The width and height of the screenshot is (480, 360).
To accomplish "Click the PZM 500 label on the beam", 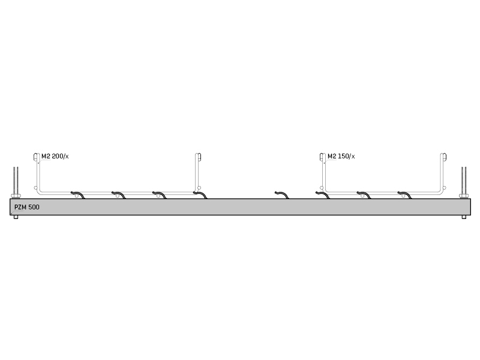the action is [27, 207].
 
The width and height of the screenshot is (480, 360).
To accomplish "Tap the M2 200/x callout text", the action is [55, 157].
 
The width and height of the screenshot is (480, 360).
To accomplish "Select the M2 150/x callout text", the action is [341, 157].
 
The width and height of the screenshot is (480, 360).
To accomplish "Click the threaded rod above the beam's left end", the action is [16, 181].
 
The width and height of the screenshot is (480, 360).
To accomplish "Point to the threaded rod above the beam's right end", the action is [464, 181].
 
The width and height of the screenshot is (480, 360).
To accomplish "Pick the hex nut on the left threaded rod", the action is [16, 196].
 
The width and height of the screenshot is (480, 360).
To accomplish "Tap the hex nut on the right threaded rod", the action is [464, 196].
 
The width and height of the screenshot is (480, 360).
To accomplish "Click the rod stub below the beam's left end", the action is [16, 217].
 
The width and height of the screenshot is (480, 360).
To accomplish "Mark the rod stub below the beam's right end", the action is [464, 217].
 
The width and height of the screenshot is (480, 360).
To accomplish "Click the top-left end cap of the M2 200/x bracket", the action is [36, 157].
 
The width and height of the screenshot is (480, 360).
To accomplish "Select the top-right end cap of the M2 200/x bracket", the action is [199, 157].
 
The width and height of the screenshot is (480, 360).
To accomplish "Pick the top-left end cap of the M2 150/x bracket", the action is [322, 157].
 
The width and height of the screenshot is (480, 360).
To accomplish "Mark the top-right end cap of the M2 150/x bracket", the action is [445, 157].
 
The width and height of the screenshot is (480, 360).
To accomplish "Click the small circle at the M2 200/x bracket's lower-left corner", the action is [36, 188].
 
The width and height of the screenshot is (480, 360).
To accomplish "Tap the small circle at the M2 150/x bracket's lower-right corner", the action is [445, 188].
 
